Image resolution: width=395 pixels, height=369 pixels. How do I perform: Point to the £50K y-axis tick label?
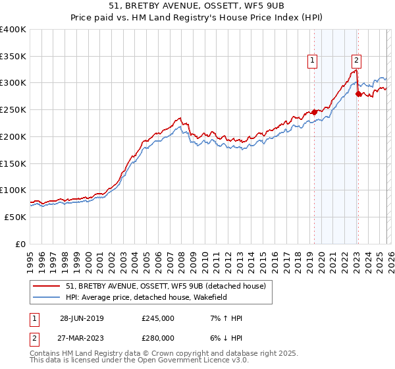15,217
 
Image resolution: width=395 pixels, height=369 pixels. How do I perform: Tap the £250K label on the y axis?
13,110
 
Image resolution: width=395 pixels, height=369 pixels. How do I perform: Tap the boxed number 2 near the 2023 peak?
356,61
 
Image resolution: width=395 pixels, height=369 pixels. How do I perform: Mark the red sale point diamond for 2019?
315,112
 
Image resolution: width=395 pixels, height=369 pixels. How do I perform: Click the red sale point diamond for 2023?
358,94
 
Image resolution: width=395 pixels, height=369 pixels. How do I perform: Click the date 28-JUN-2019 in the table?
82,318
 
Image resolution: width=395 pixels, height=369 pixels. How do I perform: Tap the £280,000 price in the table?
158,337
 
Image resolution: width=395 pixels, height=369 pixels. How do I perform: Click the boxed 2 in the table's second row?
34,337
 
